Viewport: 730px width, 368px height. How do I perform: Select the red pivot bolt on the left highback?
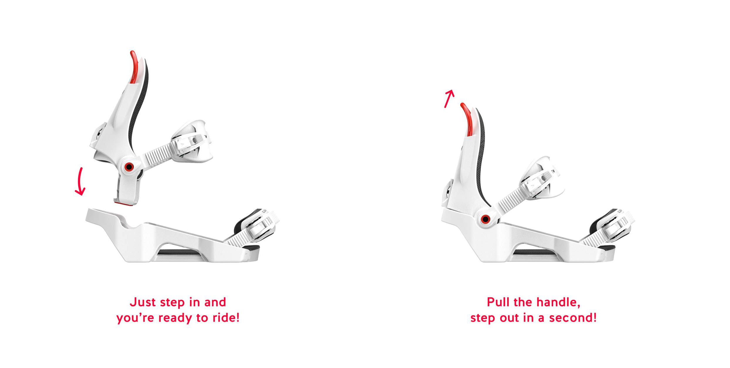tap(129, 167)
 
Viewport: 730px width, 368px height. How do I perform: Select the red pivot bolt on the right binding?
tap(485, 219)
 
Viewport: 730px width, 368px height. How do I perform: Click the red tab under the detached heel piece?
tap(123, 203)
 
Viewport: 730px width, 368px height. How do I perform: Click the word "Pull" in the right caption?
tap(499, 302)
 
